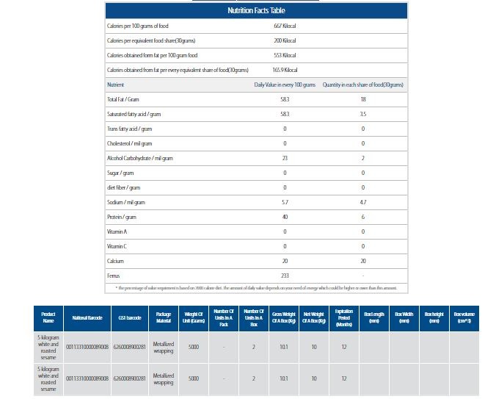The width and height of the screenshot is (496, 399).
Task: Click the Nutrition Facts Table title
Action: tap(256, 11)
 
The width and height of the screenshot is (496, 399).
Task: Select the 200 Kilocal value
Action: tap(284, 40)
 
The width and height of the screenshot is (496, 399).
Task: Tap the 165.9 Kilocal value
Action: tap(284, 70)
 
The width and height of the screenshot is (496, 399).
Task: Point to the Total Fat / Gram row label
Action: tap(123, 99)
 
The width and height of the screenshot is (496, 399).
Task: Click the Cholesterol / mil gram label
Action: tap(130, 143)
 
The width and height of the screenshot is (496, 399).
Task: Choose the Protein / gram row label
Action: tap(122, 217)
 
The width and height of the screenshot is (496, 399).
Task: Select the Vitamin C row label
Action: tap(117, 246)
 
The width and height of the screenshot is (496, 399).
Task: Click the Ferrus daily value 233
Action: tap(285, 276)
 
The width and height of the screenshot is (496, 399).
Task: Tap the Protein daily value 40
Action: tap(285, 217)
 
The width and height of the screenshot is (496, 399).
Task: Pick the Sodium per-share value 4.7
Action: tap(362, 202)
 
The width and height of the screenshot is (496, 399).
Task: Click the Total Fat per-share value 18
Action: tap(362, 99)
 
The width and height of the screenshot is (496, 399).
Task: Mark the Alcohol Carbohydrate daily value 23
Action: tap(285, 158)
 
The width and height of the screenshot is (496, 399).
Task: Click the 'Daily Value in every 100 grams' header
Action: tap(285, 85)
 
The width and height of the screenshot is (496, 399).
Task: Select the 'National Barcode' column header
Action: tap(87, 318)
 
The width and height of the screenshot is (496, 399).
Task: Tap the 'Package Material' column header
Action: tap(164, 318)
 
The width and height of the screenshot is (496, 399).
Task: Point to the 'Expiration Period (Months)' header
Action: tap(343, 318)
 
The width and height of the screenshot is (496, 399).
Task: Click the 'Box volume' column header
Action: tap(464, 318)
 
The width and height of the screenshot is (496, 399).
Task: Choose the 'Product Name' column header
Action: tap(48, 318)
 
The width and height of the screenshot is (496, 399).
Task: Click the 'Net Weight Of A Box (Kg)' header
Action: tap(314, 318)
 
